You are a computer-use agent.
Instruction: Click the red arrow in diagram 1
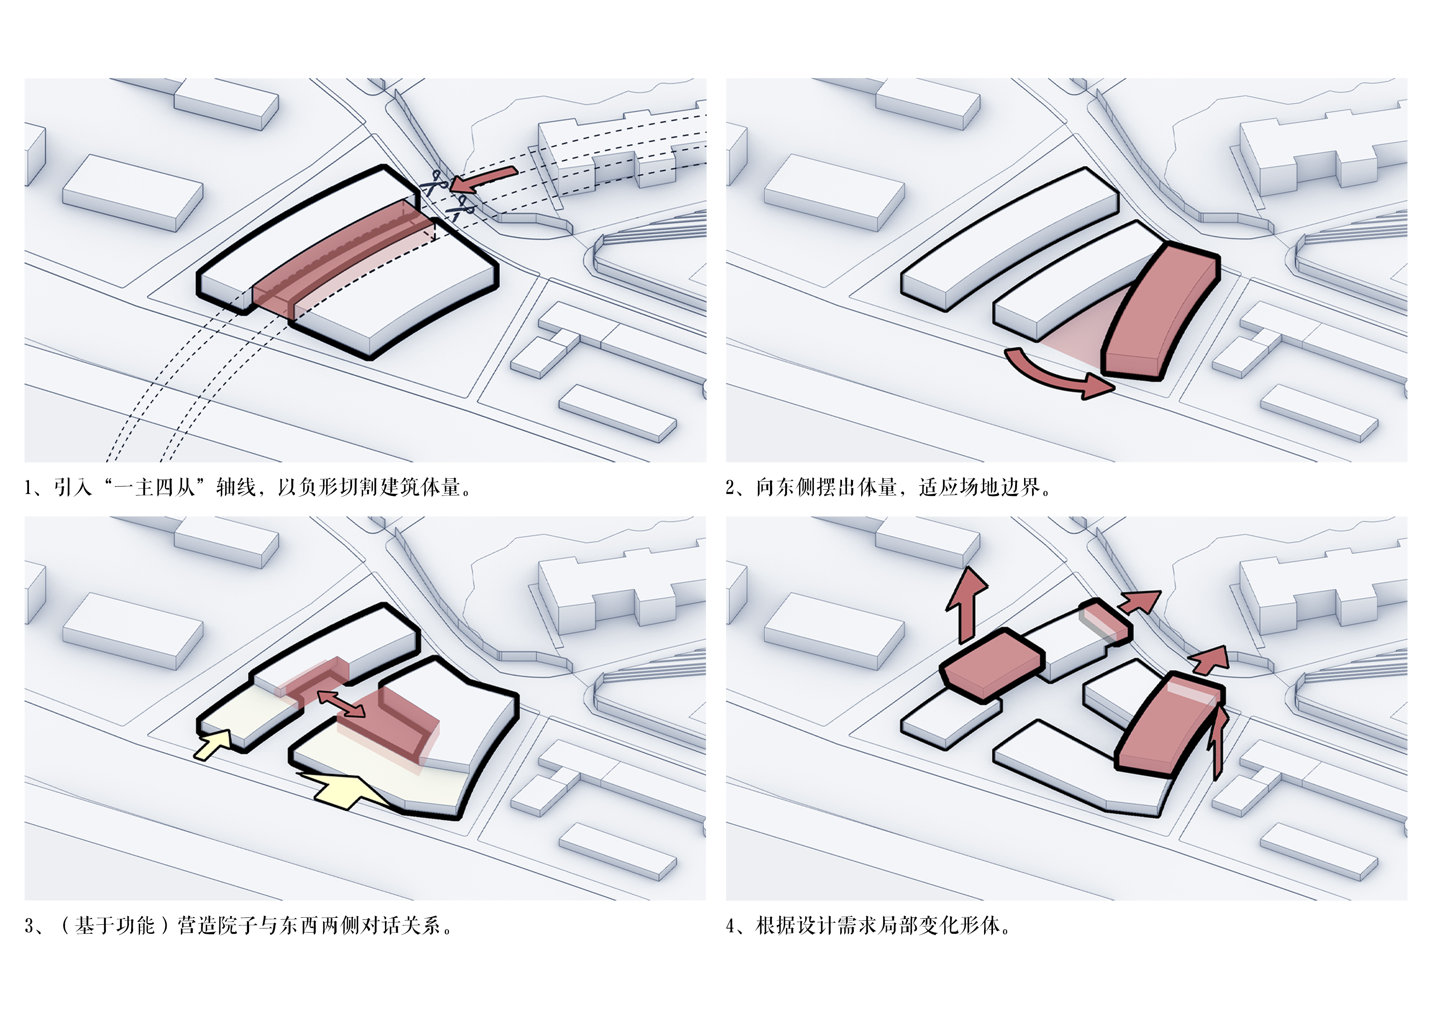pos(483,179)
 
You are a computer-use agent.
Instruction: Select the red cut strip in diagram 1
pos(343,259)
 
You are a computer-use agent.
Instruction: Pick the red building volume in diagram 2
pos(1161,312)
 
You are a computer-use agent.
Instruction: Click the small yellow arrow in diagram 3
pos(213,744)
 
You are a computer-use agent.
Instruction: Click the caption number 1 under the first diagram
pos(28,487)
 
